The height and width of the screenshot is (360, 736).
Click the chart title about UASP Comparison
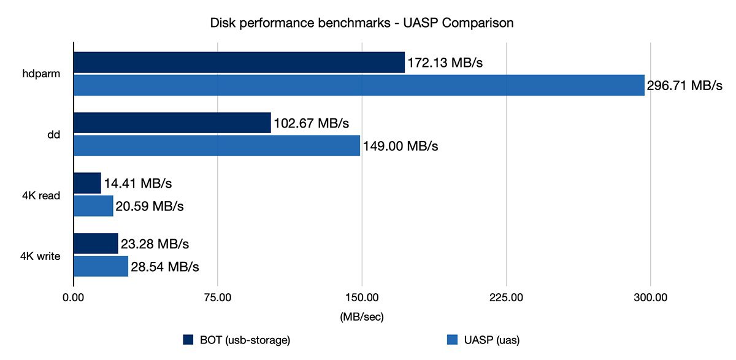coord(362,23)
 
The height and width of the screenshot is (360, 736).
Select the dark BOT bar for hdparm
coord(239,63)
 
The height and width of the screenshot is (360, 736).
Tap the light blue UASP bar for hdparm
coord(359,85)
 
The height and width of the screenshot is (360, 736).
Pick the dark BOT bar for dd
coord(172,123)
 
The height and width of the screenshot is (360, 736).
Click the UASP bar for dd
coord(217,145)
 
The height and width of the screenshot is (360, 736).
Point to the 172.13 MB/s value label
coord(448,63)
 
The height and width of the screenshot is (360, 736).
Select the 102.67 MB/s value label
coord(312,123)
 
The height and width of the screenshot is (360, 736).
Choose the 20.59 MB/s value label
coord(150,205)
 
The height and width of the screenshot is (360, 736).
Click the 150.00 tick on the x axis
coord(362,298)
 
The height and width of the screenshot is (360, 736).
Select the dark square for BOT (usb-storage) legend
coord(188,339)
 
